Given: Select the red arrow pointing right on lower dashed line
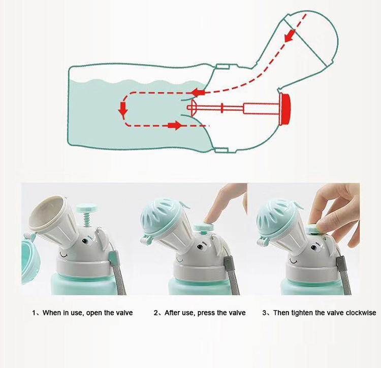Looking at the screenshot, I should click(x=174, y=125).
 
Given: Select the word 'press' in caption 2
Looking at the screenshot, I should click(x=209, y=313).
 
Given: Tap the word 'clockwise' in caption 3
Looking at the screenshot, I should click(x=359, y=313).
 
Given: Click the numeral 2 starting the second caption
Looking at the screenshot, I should click(x=155, y=313).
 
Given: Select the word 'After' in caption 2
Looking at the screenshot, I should click(x=173, y=313).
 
